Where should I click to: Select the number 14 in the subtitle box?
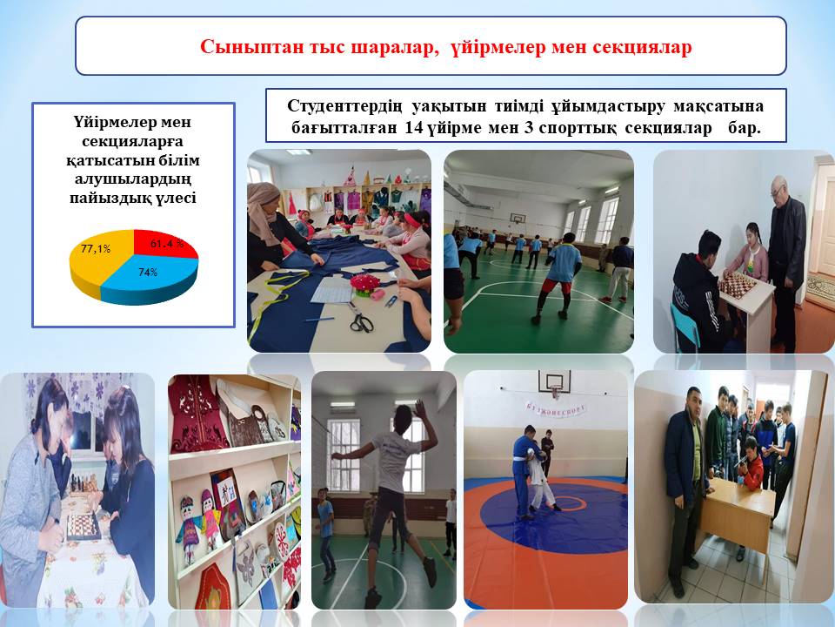414,129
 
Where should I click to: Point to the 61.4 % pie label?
167,244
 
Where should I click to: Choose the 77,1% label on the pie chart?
96,248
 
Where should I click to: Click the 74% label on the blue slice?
148,273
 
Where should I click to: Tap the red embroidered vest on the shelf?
197,413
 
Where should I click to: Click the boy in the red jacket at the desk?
751,464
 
